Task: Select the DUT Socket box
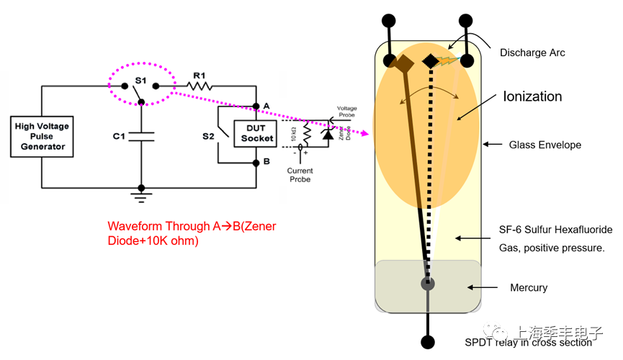pos(256,133)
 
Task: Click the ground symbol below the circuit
pos(141,193)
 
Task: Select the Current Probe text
pos(300,174)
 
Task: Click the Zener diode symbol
pos(328,134)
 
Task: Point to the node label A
pos(266,106)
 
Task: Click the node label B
pos(266,161)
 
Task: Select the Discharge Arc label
pos(532,53)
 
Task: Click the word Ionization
pos(532,96)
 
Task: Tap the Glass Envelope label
pos(544,145)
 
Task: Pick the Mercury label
pos(529,287)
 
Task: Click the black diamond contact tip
pos(429,61)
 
